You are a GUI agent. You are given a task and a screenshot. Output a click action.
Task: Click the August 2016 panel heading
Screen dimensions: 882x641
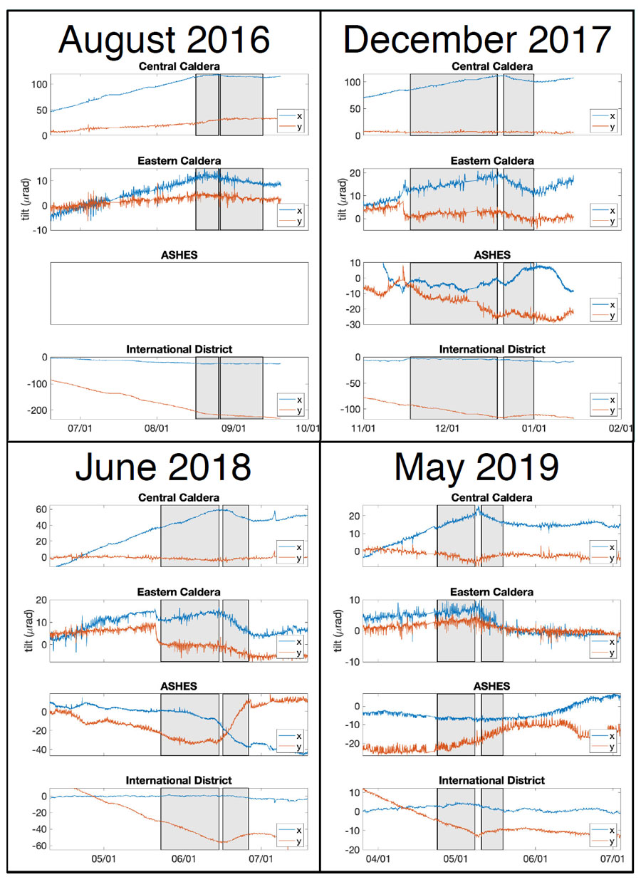coord(165,40)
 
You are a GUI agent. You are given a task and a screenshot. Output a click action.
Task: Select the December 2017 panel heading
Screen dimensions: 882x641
coord(477,40)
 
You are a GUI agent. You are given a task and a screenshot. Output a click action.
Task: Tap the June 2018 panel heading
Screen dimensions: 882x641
coord(165,467)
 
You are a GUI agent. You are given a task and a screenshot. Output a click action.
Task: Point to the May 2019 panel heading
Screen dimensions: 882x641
coord(476,467)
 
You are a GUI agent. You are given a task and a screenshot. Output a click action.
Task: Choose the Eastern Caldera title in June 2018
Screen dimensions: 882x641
coord(179,592)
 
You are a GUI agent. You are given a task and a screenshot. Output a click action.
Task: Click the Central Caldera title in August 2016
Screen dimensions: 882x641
coord(179,67)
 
